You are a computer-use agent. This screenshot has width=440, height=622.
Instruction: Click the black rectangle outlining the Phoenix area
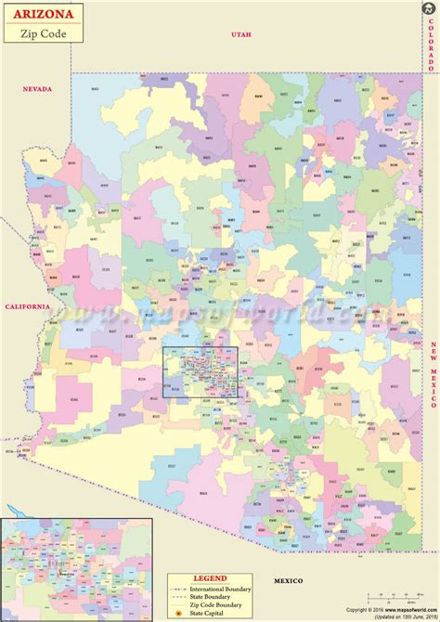click(201, 371)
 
